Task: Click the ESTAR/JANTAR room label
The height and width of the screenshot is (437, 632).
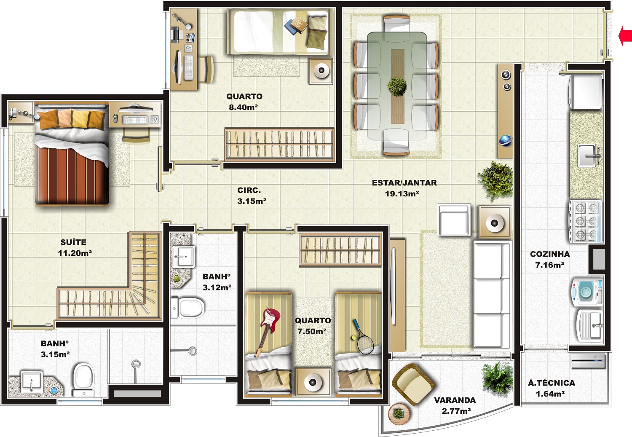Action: point(404,183)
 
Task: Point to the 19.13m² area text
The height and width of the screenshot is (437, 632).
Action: point(402,194)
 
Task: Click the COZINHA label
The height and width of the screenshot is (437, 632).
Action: point(550,254)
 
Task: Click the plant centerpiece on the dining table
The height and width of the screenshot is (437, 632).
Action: point(397,86)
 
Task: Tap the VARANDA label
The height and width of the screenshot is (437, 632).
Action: point(455,400)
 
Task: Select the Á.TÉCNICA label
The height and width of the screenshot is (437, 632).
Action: point(551,383)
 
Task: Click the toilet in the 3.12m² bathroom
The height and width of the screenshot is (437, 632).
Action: point(187,307)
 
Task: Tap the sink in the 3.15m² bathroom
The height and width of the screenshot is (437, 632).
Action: point(32,382)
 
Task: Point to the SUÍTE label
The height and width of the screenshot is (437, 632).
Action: point(73,242)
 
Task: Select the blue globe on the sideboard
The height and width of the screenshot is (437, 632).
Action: point(505,140)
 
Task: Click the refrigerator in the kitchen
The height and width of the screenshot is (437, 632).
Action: point(586,92)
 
